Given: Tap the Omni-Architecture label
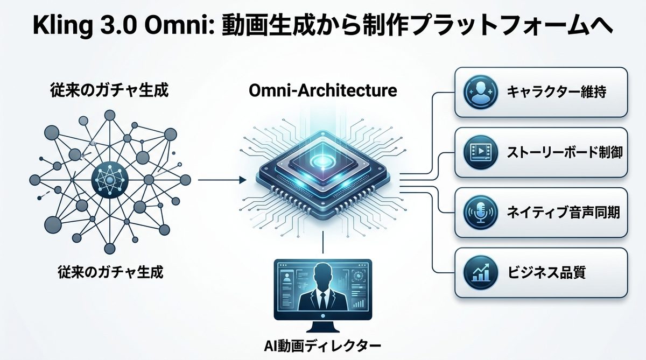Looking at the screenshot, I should pyautogui.click(x=323, y=90).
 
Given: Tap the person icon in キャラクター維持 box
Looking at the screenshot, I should pyautogui.click(x=478, y=92).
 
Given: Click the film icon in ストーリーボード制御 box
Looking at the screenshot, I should pyautogui.click(x=478, y=153).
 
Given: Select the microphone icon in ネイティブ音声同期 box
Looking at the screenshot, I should pyautogui.click(x=478, y=213).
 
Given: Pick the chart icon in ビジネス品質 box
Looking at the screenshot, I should pyautogui.click(x=478, y=273).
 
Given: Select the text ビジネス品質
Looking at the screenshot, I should pyautogui.click(x=546, y=273).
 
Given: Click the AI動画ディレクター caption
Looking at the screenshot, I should pyautogui.click(x=323, y=344).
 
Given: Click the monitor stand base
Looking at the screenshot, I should pyautogui.click(x=323, y=329).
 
